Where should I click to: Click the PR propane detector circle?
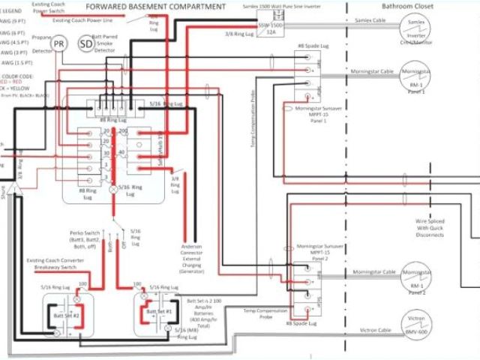pos(59,45)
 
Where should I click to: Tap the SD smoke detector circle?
pos(87,45)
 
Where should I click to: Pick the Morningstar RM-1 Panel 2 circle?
pos(416,274)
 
